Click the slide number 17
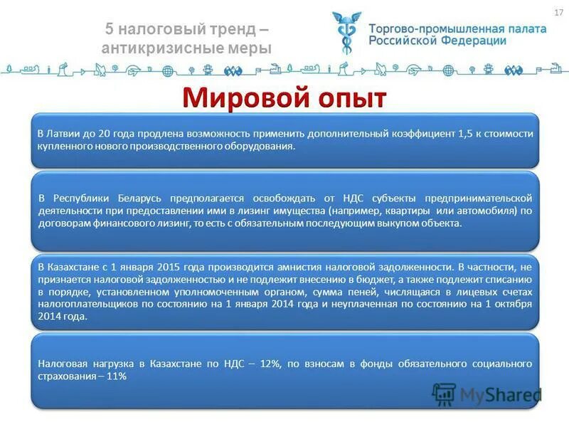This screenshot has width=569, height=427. [558, 13]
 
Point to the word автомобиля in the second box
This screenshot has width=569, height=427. [490, 211]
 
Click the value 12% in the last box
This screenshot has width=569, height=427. [271, 364]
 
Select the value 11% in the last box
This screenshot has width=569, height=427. [115, 376]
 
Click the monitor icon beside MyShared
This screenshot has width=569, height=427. [444, 394]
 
